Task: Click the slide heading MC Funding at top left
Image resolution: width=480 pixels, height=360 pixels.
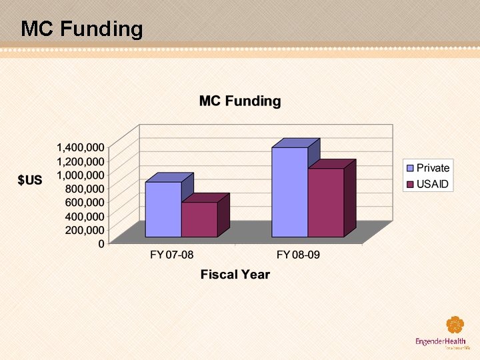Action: click(82, 29)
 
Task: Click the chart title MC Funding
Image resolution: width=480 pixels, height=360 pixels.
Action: click(240, 101)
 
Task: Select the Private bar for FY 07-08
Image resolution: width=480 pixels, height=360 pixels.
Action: click(163, 209)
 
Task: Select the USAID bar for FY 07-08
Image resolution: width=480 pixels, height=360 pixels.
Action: click(199, 219)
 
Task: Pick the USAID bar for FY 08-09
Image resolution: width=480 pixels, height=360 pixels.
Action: click(325, 203)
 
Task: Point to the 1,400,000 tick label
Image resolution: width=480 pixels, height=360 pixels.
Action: click(80, 147)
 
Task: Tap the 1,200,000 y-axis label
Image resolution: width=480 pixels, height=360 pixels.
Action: click(80, 161)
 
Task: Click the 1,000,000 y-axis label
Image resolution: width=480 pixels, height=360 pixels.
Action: click(80, 175)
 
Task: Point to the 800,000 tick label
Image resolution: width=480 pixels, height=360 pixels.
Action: click(85, 189)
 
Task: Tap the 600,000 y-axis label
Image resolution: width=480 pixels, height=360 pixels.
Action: click(85, 202)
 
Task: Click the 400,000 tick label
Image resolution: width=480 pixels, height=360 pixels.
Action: click(85, 216)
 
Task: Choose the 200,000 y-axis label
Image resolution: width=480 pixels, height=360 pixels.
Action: click(85, 230)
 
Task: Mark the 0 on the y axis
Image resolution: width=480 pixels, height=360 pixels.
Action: click(101, 244)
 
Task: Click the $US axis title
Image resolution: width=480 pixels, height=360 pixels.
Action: click(29, 181)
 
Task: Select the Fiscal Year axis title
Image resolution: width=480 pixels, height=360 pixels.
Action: click(235, 275)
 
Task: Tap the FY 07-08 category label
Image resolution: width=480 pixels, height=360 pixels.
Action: click(171, 255)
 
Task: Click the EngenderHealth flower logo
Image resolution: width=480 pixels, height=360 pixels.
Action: click(455, 325)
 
